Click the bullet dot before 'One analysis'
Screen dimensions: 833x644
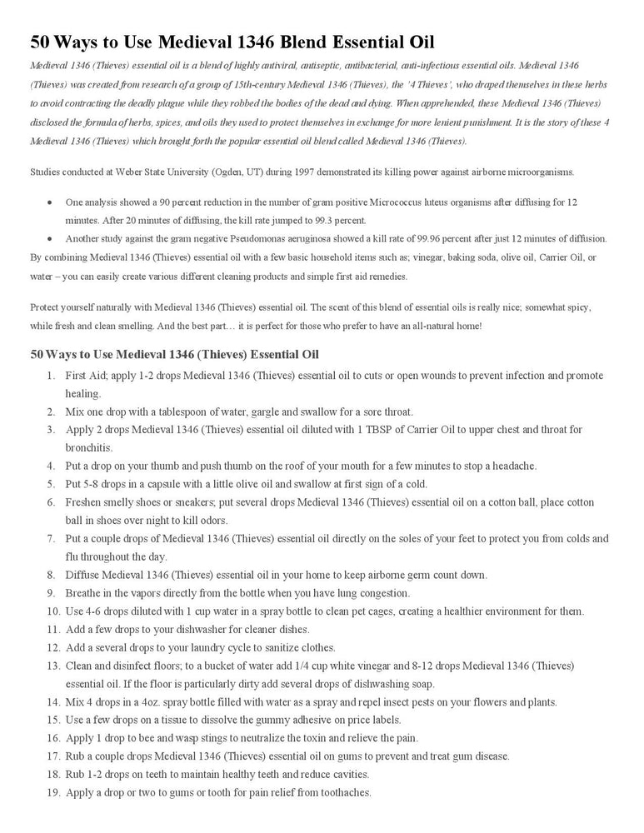52,202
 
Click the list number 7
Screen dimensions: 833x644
51,539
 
